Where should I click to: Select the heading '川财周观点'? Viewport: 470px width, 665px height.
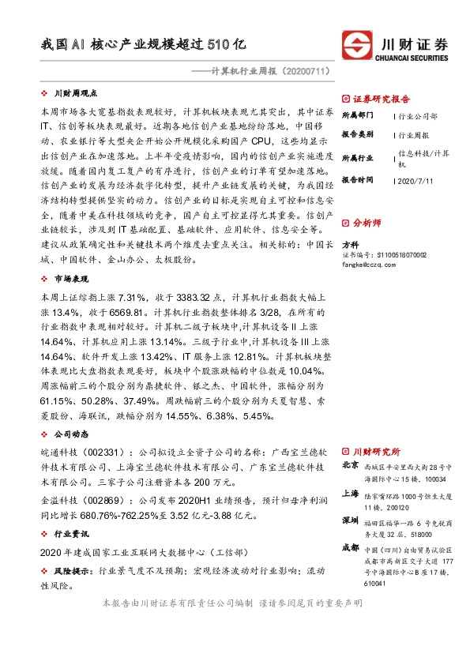pyautogui.click(x=75, y=92)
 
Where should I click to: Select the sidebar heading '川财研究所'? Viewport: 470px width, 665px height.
pyautogui.click(x=376, y=450)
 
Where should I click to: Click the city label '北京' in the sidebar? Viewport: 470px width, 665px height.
pyautogui.click(x=349, y=466)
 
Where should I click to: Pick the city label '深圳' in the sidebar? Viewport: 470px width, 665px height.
pyautogui.click(x=349, y=521)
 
